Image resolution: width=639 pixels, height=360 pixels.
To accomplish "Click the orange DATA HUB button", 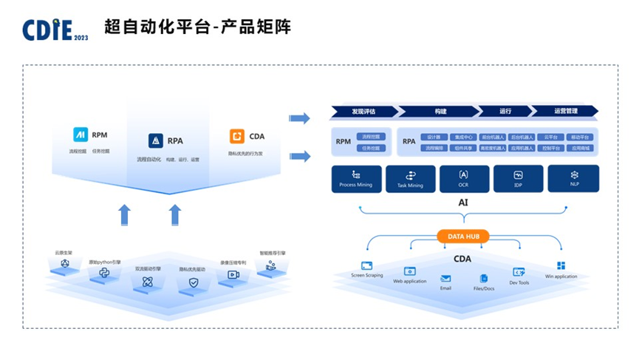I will click(463, 237).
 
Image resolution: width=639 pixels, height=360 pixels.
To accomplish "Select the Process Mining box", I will click(355, 179).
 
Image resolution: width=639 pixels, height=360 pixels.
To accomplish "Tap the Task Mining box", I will click(410, 179).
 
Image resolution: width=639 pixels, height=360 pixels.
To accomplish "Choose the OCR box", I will click(464, 179).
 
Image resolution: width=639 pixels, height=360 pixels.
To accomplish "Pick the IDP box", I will click(518, 179).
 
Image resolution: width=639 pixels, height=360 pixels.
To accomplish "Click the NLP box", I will click(573, 179).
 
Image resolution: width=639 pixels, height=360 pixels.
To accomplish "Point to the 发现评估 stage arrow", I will click(363, 112).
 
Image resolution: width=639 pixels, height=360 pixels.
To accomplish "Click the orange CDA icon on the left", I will click(236, 136).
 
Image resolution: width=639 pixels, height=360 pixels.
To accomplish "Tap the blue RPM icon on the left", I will click(80, 135).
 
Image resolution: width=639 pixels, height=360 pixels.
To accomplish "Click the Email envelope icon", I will click(445, 279).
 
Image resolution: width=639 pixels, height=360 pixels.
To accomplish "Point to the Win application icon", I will click(561, 265).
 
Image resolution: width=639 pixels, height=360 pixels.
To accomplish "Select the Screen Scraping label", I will click(367, 276).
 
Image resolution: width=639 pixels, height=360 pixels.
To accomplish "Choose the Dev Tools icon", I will click(519, 272).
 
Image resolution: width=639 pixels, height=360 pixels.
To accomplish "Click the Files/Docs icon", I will click(484, 279).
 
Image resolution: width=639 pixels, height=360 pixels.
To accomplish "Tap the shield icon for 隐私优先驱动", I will click(194, 282).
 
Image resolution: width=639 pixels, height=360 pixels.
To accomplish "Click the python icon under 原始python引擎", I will click(104, 274).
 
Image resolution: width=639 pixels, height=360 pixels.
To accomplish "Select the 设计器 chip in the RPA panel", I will click(434, 137).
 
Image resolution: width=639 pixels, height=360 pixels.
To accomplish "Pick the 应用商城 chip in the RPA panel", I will click(580, 148).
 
